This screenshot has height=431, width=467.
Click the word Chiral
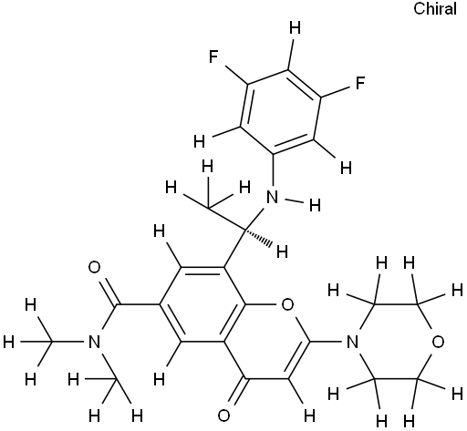tap(435, 8)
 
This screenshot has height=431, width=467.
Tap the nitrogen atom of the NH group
tap(272, 198)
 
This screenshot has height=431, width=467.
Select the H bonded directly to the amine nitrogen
tap(315, 205)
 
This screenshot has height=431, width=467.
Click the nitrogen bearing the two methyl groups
tap(94, 342)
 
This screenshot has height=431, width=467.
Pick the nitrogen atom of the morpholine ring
tap(352, 342)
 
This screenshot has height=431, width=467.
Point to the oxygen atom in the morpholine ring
tap(438, 342)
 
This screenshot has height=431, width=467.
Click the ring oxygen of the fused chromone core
tap(287, 304)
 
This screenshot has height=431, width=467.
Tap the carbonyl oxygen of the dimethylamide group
tap(94, 268)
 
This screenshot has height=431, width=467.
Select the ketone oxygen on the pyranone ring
tap(223, 416)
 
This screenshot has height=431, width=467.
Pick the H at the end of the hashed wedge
tap(282, 251)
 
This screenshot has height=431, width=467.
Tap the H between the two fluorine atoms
tap(295, 28)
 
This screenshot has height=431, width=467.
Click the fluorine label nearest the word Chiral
tap(360, 83)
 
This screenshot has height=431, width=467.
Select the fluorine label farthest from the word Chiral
tap(214, 56)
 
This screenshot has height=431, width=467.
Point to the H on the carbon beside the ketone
tap(309, 416)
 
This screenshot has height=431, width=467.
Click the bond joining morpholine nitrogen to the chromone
tap(327, 342)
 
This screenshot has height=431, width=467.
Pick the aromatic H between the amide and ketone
tap(159, 379)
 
